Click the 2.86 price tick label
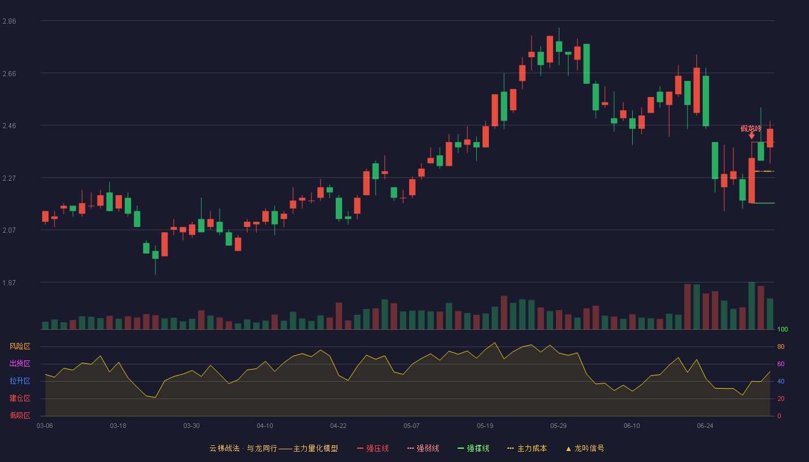9,21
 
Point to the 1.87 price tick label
9,283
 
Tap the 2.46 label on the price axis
9,126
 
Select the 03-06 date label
45,426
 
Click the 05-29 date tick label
558,426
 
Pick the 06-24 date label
705,426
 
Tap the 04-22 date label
338,426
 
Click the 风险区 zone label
20,346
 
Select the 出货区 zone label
20,363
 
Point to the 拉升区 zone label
20,381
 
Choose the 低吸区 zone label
20,415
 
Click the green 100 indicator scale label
782,329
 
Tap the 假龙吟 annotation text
751,128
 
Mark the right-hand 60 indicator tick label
781,364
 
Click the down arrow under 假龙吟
752,136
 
